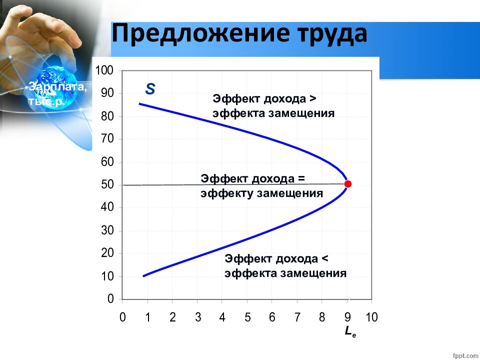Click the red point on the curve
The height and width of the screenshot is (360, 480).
coord(348,184)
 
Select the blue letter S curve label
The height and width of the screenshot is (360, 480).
coord(150,89)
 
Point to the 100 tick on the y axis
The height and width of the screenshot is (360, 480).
coord(104,70)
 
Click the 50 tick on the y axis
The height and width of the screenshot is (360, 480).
coord(107,185)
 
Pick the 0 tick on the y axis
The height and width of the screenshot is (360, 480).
coord(110,299)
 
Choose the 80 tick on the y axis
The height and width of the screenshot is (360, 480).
coord(107,116)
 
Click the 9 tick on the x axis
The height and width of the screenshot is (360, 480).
coord(347,317)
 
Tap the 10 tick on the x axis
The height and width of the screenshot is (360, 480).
coord(371,317)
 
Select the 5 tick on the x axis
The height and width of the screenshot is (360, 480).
coord(247,317)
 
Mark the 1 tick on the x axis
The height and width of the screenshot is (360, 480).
coord(147,317)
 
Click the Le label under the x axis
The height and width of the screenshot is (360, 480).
coord(350,331)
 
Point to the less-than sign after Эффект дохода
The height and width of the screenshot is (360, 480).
coord(325,258)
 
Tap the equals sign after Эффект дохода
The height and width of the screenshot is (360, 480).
coord(301,178)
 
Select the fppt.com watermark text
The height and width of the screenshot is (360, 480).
coord(465,355)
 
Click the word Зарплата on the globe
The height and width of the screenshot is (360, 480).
coord(58,87)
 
